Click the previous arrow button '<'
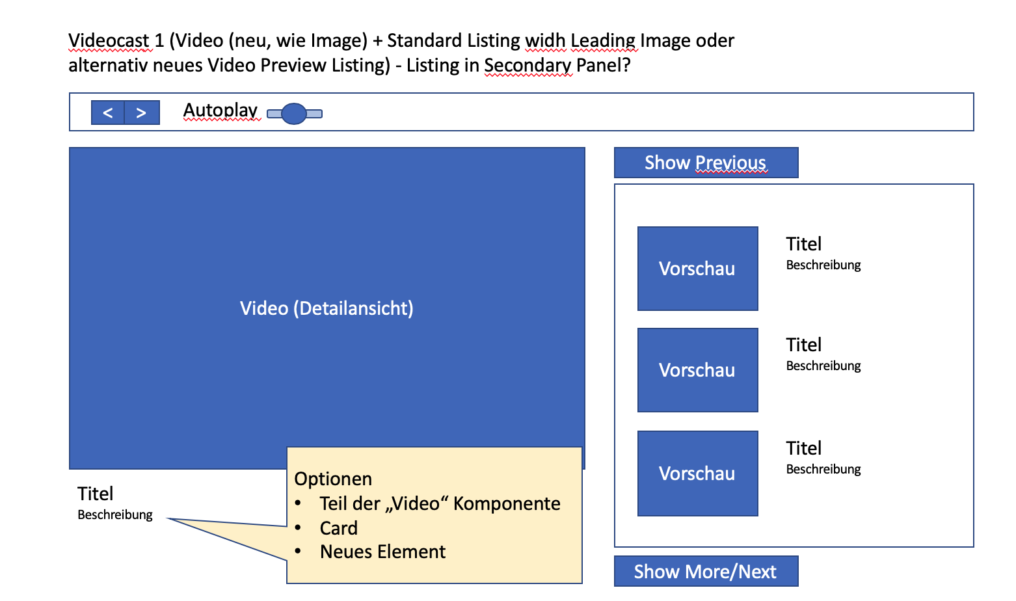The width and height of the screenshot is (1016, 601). tap(108, 113)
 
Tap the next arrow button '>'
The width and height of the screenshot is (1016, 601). tap(141, 113)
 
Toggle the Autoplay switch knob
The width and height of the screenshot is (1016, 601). tap(294, 114)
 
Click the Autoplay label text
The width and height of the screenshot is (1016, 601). tap(220, 110)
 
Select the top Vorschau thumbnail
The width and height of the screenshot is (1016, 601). tap(697, 269)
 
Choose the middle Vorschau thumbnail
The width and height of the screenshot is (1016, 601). tap(697, 370)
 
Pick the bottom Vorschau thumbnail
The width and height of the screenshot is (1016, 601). tap(697, 474)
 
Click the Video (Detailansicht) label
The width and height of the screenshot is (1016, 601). tap(327, 308)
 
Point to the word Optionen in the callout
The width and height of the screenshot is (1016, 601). tap(333, 479)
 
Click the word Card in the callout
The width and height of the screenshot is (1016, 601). tap(338, 528)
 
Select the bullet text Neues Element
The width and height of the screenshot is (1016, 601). tap(382, 552)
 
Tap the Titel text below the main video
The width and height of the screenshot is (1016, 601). tap(96, 494)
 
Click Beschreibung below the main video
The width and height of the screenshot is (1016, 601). tap(115, 514)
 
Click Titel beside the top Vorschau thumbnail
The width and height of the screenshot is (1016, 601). tap(804, 244)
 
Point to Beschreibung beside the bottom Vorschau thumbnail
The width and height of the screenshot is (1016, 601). tap(823, 469)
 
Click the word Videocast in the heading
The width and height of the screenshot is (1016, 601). tap(109, 40)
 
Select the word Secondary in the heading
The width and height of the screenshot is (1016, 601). tap(528, 65)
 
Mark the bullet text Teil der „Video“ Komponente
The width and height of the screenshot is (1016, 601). tap(440, 503)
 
